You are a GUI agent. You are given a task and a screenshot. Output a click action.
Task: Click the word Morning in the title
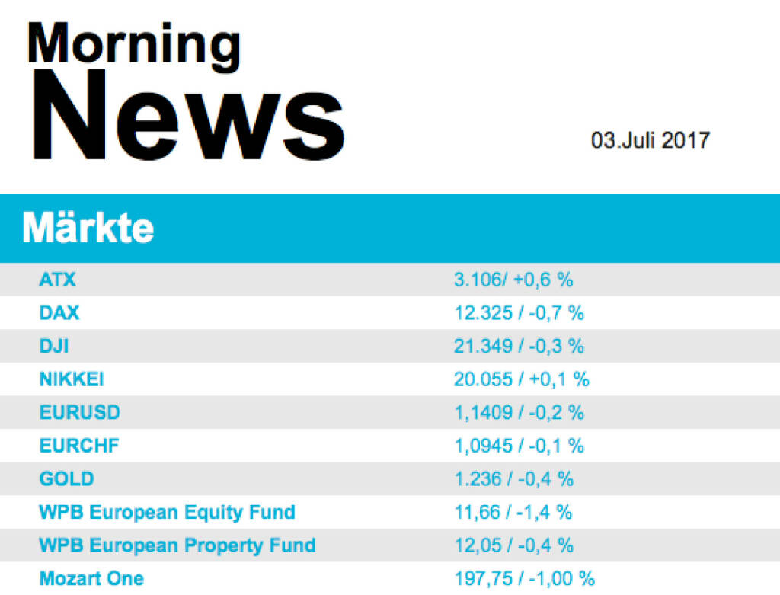[133, 44]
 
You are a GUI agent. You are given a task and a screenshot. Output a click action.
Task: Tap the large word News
[188, 117]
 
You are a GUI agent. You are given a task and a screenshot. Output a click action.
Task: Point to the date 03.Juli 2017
[650, 140]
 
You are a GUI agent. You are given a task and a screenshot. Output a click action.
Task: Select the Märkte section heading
[88, 228]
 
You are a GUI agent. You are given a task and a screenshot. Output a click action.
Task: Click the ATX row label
[58, 280]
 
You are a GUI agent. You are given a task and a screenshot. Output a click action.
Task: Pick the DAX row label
[59, 313]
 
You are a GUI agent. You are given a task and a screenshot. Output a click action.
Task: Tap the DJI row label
[54, 346]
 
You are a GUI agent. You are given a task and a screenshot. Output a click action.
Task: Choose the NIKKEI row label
[72, 379]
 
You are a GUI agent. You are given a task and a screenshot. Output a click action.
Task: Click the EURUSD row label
[80, 412]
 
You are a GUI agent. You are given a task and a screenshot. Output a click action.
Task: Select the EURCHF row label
[79, 446]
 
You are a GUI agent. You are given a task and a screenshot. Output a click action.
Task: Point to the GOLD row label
[67, 478]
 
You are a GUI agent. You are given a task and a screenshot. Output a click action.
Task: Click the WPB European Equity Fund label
[167, 512]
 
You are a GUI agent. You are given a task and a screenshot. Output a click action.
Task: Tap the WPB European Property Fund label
[177, 545]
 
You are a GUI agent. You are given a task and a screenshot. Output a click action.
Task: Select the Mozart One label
[91, 578]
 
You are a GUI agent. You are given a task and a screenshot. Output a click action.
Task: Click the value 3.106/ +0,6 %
[513, 280]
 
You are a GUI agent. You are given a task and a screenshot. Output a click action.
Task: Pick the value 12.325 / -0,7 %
[519, 313]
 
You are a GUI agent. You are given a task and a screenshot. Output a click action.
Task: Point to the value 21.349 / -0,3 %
[519, 346]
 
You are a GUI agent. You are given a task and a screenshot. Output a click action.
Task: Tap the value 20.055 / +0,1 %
[522, 379]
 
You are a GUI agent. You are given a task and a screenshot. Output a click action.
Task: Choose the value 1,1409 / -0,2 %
[519, 412]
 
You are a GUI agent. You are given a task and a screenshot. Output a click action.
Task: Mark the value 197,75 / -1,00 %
[524, 578]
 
